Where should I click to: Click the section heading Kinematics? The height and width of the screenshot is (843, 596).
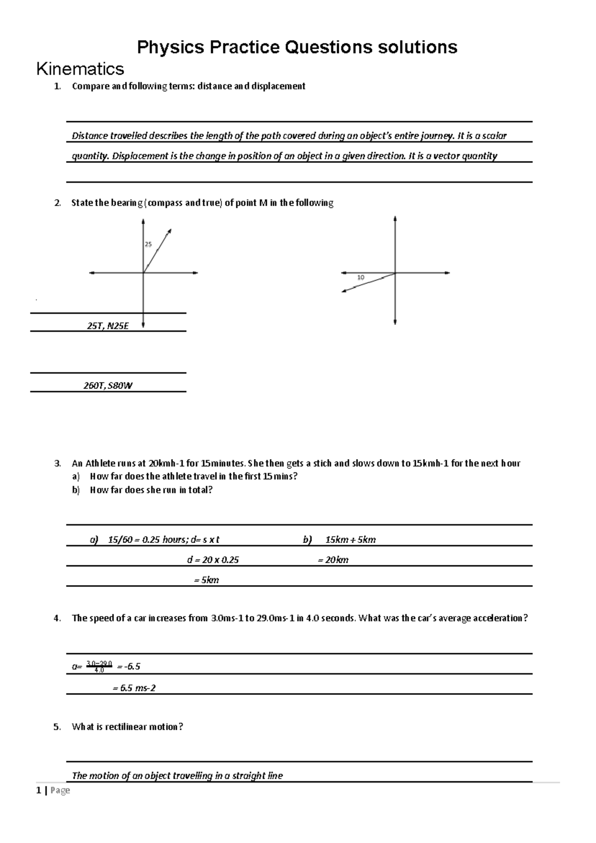80,69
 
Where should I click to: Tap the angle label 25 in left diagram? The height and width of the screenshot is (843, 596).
148,244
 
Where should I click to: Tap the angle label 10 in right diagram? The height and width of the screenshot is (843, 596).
361,278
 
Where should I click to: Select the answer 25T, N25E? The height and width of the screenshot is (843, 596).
108,326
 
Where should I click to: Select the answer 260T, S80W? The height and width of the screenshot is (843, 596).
108,386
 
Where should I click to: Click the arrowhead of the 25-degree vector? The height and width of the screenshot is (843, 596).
169,231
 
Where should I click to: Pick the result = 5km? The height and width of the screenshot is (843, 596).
206,580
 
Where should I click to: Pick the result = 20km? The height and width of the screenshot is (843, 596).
333,560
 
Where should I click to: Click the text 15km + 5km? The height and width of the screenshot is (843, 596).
350,539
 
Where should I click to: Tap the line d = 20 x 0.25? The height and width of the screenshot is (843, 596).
213,560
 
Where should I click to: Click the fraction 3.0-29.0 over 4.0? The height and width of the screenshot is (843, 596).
99,667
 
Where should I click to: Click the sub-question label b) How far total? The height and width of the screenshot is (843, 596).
75,490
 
